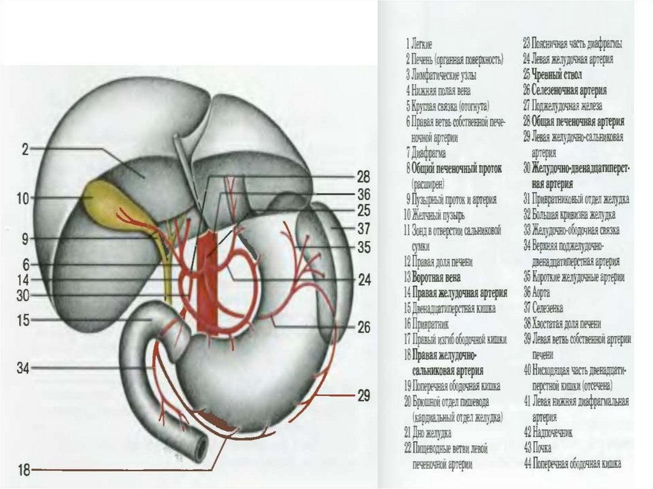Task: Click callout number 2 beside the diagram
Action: click(x=25, y=150)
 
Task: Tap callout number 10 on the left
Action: click(x=24, y=199)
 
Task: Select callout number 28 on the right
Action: click(x=363, y=177)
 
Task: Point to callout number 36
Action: click(x=363, y=193)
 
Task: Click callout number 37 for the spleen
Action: click(x=363, y=228)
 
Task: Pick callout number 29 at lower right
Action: click(x=363, y=396)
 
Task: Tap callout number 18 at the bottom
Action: click(x=24, y=471)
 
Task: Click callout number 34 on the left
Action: click(x=23, y=368)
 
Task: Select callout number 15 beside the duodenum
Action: click(x=24, y=320)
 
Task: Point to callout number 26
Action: click(x=363, y=328)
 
